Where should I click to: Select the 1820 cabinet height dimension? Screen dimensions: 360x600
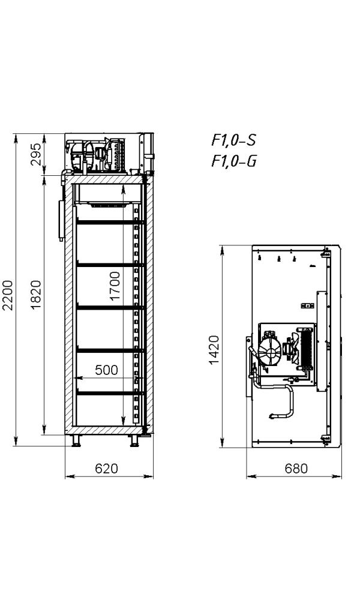pyautogui.click(x=35, y=295)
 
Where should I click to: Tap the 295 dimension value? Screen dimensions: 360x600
pyautogui.click(x=35, y=154)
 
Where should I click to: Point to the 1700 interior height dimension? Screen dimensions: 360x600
pyautogui.click(x=115, y=286)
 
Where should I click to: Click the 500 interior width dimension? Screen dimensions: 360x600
pyautogui.click(x=106, y=370)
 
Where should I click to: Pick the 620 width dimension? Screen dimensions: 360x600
pyautogui.click(x=106, y=469)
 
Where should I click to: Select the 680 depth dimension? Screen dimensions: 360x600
pyautogui.click(x=296, y=469)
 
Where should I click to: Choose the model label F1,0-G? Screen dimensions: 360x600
pyautogui.click(x=234, y=161)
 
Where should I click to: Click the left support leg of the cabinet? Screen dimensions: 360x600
pyautogui.click(x=77, y=441)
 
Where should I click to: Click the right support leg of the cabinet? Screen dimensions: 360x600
pyautogui.click(x=134, y=441)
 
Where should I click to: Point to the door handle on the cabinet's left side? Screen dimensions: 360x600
pyautogui.click(x=61, y=220)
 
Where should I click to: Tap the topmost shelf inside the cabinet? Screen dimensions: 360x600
pyautogui.click(x=110, y=222)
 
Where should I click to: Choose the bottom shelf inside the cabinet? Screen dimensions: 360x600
pyautogui.click(x=110, y=393)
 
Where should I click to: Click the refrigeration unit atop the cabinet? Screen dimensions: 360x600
pyautogui.click(x=95, y=155)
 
